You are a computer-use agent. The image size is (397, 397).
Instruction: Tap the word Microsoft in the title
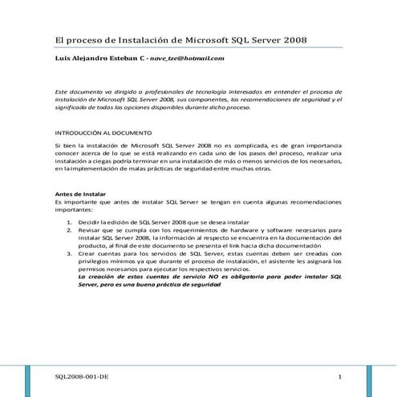click(x=210, y=39)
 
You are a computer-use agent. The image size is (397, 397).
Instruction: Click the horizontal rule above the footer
click(x=198, y=367)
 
